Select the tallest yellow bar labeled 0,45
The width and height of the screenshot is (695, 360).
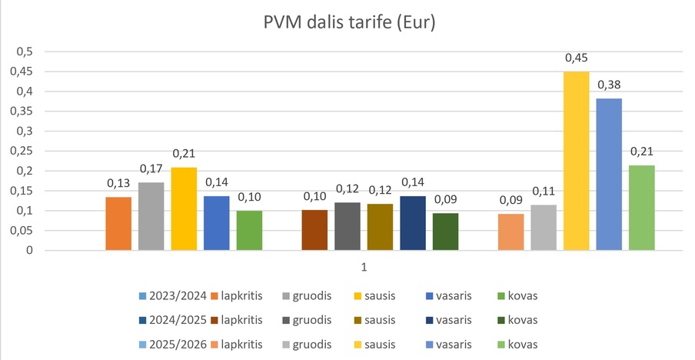pyautogui.click(x=576, y=161)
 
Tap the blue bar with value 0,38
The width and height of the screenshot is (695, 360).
pyautogui.click(x=609, y=175)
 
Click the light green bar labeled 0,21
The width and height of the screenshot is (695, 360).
pyautogui.click(x=642, y=208)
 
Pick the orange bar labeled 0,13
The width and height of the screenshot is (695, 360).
pyautogui.click(x=118, y=224)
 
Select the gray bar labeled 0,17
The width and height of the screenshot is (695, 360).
pyautogui.click(x=151, y=216)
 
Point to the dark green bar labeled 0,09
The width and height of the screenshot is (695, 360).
pyautogui.click(x=445, y=232)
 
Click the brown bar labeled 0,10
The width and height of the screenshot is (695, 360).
pyautogui.click(x=314, y=230)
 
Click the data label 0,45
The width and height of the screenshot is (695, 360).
pyautogui.click(x=577, y=58)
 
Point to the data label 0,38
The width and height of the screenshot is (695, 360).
pyautogui.click(x=609, y=85)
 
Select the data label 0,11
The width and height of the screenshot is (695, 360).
pyautogui.click(x=544, y=192)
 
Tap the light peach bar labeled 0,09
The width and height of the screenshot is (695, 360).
pyautogui.click(x=510, y=232)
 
